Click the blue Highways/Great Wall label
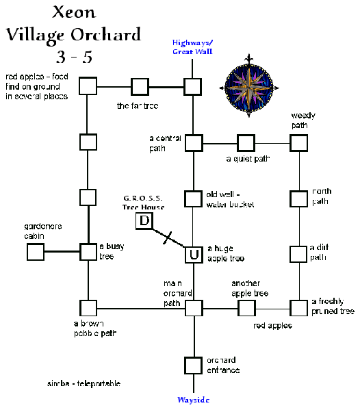(x=192, y=46)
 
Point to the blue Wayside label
(x=194, y=400)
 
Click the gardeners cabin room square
(x=36, y=252)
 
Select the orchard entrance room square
(x=194, y=365)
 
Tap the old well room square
(x=194, y=199)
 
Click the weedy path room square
(x=298, y=143)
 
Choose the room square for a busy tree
(x=88, y=251)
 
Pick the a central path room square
(x=194, y=143)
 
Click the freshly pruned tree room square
(x=298, y=308)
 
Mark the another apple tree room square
(x=246, y=308)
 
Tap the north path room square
(x=298, y=199)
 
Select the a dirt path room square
(x=298, y=253)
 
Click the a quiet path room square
(x=246, y=143)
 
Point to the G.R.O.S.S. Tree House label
(x=144, y=203)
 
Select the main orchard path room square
(x=194, y=308)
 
